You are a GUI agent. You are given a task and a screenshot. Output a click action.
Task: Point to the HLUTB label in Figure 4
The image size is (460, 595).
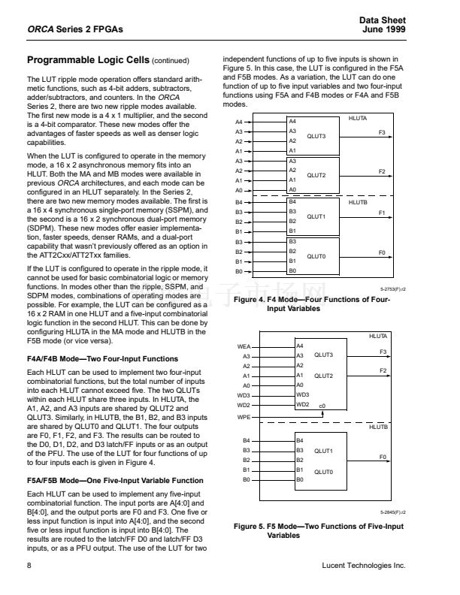click(x=359, y=202)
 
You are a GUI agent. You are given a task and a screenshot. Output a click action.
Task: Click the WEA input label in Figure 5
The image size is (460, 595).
click(x=244, y=346)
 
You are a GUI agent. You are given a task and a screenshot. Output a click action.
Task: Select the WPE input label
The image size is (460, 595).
click(x=244, y=415)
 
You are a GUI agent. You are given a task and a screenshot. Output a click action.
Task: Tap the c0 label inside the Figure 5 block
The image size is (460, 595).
click(x=322, y=406)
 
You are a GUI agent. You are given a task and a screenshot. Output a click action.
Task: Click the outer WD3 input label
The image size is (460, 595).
click(x=244, y=394)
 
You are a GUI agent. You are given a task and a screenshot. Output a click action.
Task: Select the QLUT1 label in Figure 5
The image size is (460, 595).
click(x=323, y=451)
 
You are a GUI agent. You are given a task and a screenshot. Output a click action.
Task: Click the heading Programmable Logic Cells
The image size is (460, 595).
click(x=88, y=59)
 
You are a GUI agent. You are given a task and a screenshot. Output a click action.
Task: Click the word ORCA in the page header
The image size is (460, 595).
click(x=41, y=29)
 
